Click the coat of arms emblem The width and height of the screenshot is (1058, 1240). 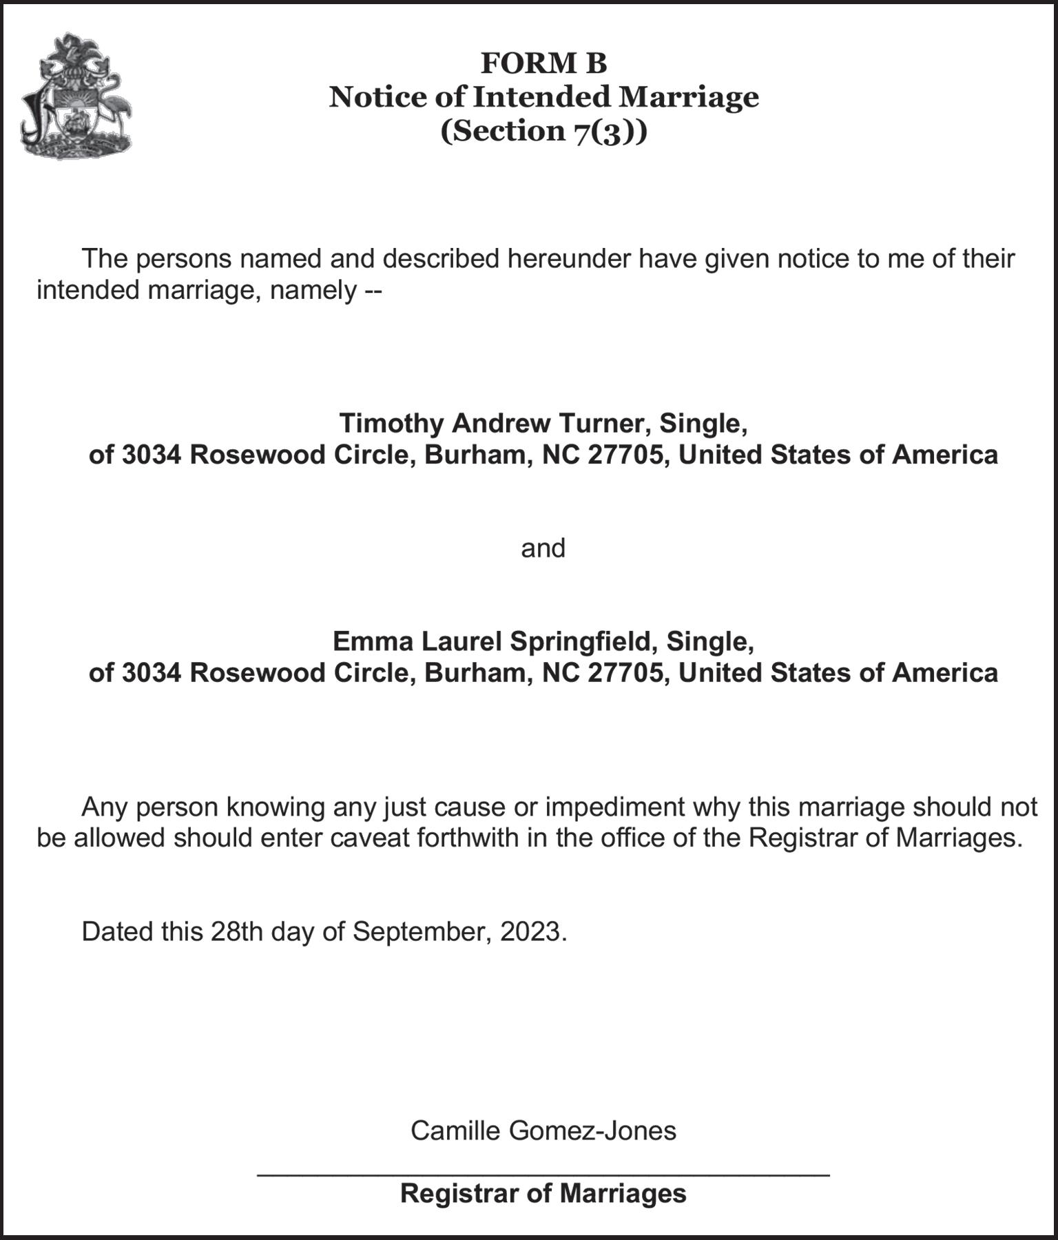(x=76, y=96)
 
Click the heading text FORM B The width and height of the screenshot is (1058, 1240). (x=543, y=63)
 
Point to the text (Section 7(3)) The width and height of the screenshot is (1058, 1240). (x=543, y=131)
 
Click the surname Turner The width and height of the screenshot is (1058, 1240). (x=604, y=423)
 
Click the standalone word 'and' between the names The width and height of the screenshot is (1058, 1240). (x=543, y=548)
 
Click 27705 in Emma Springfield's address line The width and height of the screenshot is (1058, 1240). (x=627, y=673)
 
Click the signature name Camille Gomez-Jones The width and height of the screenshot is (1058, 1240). (x=543, y=1130)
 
